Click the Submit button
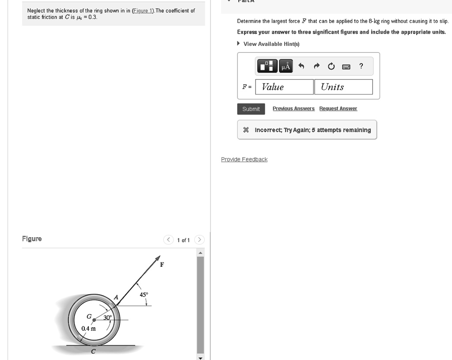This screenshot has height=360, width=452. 251,109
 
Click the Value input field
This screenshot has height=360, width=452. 284,87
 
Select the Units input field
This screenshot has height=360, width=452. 343,87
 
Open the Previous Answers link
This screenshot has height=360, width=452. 294,109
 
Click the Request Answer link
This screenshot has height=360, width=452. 338,109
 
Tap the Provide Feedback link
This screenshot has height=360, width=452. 244,159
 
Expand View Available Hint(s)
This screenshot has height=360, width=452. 271,44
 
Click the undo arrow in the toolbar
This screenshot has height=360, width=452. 301,67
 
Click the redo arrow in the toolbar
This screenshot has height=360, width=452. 316,67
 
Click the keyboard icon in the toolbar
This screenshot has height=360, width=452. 346,67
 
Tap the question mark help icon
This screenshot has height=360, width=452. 361,66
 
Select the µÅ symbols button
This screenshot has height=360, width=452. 286,67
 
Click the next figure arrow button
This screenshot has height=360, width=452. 200,240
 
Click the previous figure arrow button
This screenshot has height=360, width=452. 168,240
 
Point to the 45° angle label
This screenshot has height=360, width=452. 144,295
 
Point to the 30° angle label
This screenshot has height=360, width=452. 108,317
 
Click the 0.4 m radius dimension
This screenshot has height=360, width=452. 88,328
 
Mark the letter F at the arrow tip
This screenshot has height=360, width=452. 162,265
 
